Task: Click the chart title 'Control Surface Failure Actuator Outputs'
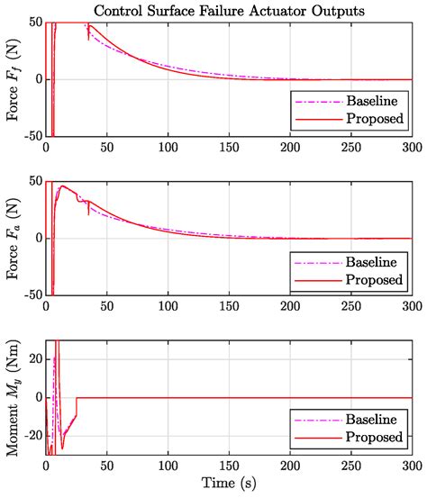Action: [x=229, y=11]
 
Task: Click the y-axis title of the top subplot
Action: [x=12, y=78]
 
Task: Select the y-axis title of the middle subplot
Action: [x=12, y=238]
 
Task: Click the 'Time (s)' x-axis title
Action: [x=229, y=486]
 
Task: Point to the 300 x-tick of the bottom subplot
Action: [x=411, y=466]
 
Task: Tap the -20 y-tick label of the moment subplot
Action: [x=29, y=436]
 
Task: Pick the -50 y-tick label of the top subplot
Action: [x=29, y=135]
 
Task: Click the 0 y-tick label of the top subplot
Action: [x=35, y=79]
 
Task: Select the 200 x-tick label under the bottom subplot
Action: [x=289, y=466]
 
